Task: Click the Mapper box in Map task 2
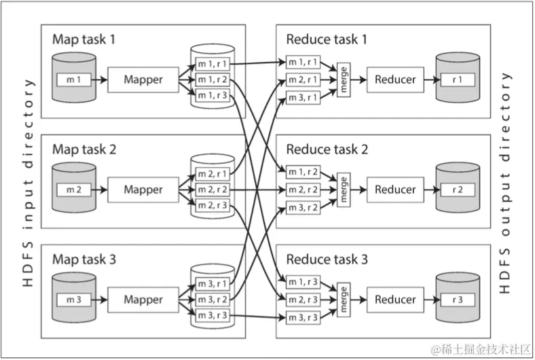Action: coord(143,190)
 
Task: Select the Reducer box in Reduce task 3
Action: coord(395,300)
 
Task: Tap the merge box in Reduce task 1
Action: coord(344,79)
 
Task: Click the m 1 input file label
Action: coord(74,80)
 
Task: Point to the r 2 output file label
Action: coord(458,190)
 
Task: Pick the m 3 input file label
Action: coord(74,300)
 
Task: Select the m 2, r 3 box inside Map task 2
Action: coord(213,205)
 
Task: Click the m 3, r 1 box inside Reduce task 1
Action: coord(303,98)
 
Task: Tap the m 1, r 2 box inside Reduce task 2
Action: coord(303,172)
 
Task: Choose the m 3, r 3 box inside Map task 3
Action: coord(213,315)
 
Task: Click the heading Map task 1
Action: coord(84,39)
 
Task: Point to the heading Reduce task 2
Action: coord(327,149)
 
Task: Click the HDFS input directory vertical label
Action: coord(29,183)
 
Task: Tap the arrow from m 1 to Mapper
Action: coord(99,80)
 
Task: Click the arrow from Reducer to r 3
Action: coord(432,300)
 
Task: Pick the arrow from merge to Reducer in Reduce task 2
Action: coord(358,190)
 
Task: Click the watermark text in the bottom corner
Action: coord(481,350)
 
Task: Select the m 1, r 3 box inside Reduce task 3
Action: coord(303,282)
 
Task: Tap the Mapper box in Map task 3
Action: coord(143,300)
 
